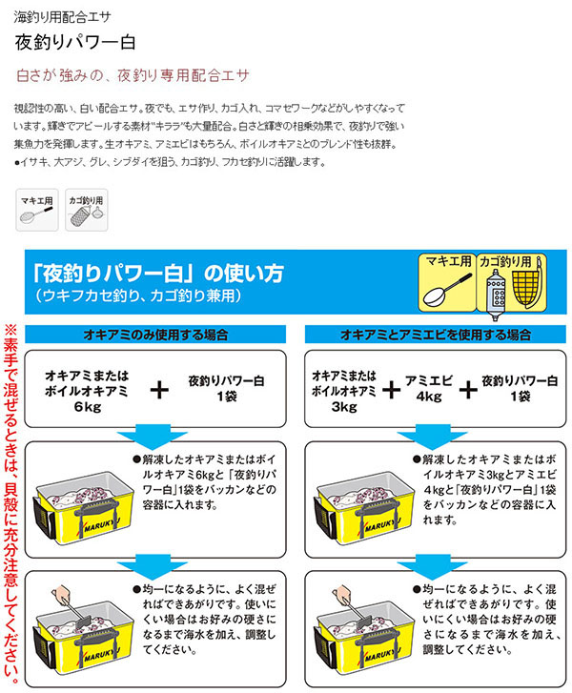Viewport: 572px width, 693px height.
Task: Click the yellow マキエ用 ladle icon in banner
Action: click(447, 283)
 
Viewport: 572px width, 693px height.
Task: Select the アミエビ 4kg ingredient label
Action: click(427, 388)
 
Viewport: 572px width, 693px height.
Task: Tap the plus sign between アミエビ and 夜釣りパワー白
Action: click(466, 388)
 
